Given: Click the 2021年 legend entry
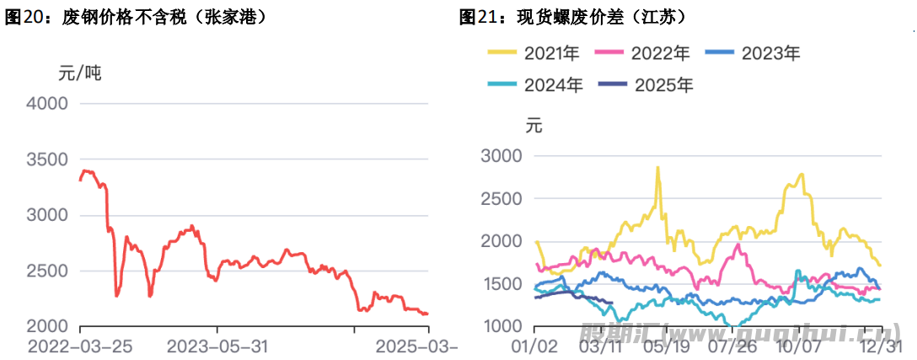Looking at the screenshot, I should click(x=534, y=54).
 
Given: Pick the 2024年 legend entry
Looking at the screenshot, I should click(x=534, y=84).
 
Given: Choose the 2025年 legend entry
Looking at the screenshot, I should click(x=645, y=84).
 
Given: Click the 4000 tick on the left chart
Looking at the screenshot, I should click(x=47, y=104).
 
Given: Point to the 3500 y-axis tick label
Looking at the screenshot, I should click(x=47, y=159).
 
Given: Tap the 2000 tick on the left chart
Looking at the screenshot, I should click(x=47, y=326).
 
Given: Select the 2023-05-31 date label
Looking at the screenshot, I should click(x=218, y=347).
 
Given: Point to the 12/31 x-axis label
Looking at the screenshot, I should click(x=881, y=347).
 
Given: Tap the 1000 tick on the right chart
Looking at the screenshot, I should click(x=501, y=326).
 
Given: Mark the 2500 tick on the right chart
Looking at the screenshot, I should click(x=501, y=199).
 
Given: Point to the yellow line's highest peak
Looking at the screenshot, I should click(x=657, y=167).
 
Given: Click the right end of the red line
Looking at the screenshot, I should click(x=427, y=314).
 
